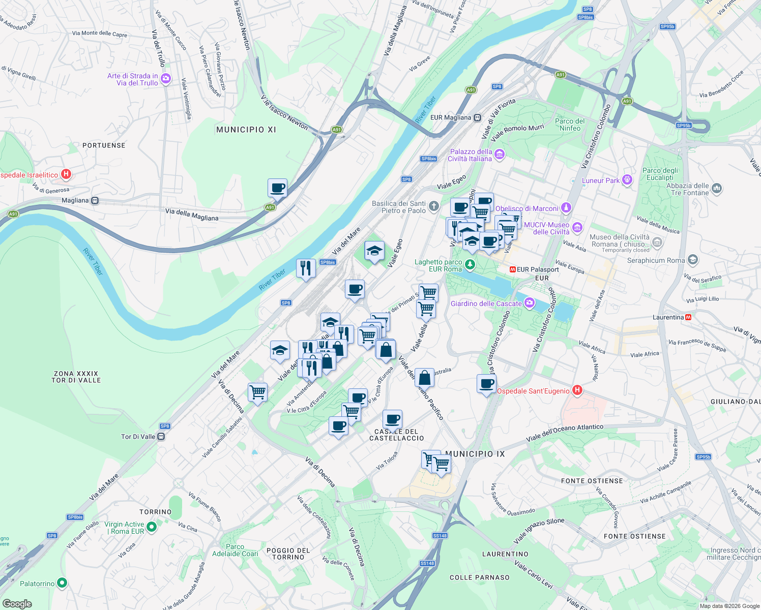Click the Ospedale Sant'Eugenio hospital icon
click(x=577, y=390)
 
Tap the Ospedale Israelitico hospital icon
click(x=66, y=174)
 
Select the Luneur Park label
click(x=601, y=180)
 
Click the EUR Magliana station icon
click(x=477, y=117)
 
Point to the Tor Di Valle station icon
click(x=161, y=436)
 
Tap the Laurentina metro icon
click(x=688, y=317)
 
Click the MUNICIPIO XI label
click(x=246, y=130)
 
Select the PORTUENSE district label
click(x=104, y=145)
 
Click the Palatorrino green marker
click(x=62, y=583)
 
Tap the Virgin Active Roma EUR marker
click(x=152, y=527)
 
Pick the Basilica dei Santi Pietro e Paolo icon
click(x=433, y=206)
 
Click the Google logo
click(x=17, y=604)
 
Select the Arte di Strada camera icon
click(x=165, y=79)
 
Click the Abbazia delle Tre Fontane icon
click(x=716, y=189)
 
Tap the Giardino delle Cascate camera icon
click(x=530, y=303)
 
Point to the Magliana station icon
click(x=95, y=200)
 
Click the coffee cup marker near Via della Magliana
click(x=277, y=188)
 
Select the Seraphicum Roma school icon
click(x=692, y=260)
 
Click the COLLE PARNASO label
click(x=479, y=577)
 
